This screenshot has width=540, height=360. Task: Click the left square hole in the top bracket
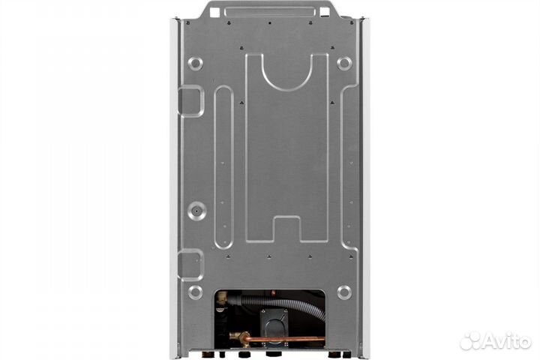click(214, 13)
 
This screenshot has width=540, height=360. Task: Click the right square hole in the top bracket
click(325, 13)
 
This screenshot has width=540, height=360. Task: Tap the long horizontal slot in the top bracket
click(270, 12)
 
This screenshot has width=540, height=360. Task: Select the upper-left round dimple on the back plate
click(195, 64)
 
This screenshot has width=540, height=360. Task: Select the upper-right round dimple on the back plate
click(344, 64)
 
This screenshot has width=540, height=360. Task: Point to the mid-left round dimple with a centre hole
click(197, 211)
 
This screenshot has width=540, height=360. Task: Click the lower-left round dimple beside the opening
click(196, 292)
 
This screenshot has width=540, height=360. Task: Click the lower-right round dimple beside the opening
click(344, 292)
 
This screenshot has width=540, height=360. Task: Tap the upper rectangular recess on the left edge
click(190, 101)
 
